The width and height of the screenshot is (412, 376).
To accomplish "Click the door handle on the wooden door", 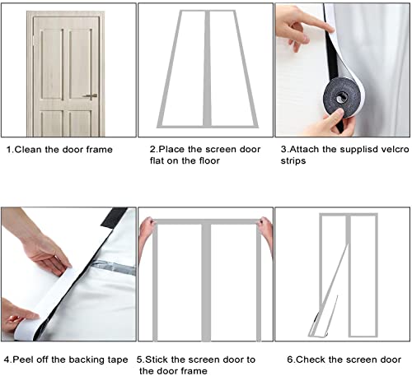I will pos(92,95).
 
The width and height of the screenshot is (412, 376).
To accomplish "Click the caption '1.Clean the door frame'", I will pos(59,150).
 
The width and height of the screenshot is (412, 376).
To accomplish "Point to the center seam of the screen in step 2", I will pos(205,74).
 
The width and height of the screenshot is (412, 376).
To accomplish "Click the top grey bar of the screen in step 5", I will pos(205,223).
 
